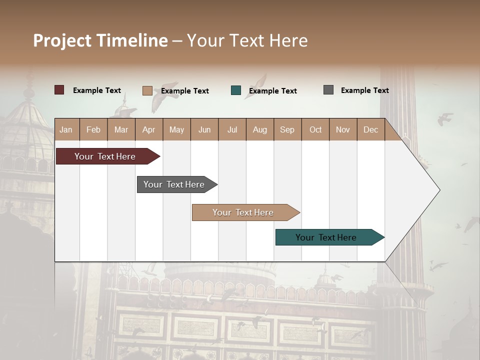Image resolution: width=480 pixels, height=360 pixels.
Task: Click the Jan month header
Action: [x=66, y=129]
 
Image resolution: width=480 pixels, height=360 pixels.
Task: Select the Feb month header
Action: [x=93, y=129]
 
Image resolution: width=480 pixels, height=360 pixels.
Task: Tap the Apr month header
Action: [x=148, y=129]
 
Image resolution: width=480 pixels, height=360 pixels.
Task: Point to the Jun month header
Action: [x=204, y=129]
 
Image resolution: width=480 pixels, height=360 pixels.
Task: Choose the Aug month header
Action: [x=259, y=129]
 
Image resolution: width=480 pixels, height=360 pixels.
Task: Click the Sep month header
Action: [x=287, y=129]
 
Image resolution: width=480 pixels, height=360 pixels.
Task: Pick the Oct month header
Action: [x=315, y=129]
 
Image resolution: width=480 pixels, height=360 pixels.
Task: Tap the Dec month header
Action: [x=370, y=129]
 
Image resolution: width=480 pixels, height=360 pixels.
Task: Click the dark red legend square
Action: [x=59, y=90]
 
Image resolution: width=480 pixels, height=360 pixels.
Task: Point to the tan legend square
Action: [x=147, y=90]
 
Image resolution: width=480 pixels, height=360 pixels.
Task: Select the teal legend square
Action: [x=236, y=90]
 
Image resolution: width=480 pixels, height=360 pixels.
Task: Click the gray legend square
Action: [x=328, y=90]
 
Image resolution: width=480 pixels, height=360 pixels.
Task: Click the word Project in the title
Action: [x=62, y=40]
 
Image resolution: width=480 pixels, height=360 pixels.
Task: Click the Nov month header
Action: [x=343, y=129]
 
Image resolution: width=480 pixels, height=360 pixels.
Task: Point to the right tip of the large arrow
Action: [x=439, y=190]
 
